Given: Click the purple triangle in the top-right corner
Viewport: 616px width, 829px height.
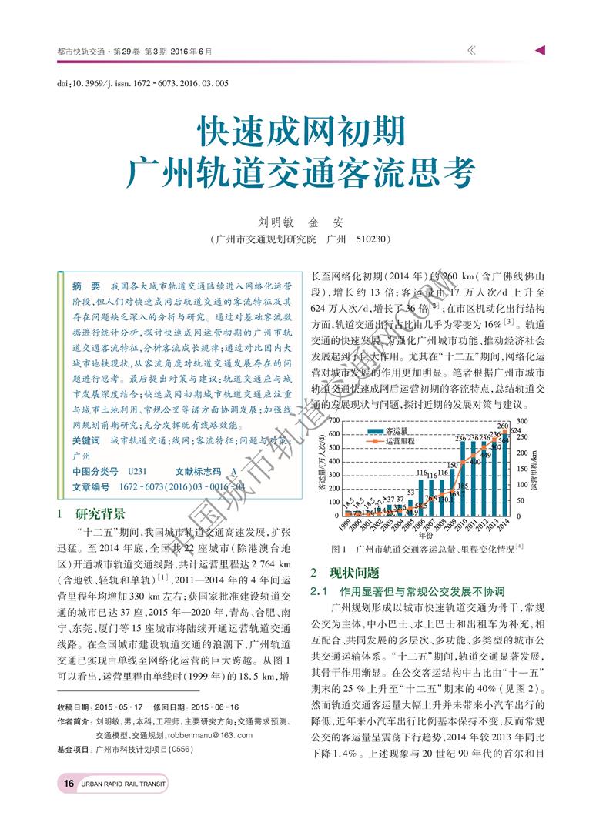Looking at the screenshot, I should point(541,51).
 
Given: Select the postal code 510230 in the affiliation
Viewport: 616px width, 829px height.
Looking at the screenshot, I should point(375,240).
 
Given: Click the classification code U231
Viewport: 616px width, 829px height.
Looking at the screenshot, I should point(137,471).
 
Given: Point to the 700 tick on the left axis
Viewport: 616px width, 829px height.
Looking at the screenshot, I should point(335,420).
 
